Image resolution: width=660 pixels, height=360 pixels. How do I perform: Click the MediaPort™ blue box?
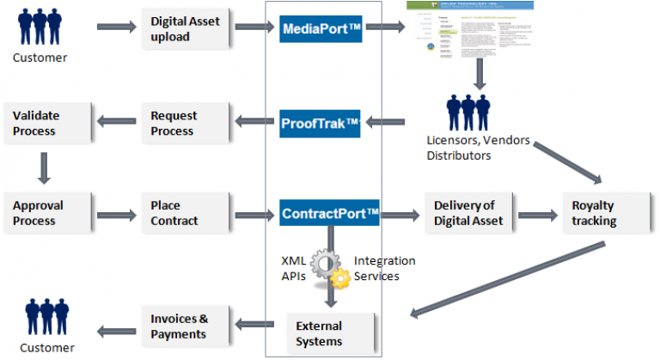coord(321,28)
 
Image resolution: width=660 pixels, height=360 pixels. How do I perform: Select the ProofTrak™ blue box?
coord(321,124)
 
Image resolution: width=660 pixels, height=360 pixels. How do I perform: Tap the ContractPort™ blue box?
coord(330,212)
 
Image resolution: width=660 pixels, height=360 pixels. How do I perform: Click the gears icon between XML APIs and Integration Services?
coord(329,267)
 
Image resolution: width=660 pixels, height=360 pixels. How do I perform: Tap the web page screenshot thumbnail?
coord(469,34)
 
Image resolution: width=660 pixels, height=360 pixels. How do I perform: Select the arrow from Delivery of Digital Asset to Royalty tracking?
coord(536,213)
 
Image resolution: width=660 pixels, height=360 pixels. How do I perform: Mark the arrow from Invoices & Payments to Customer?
coord(117,326)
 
